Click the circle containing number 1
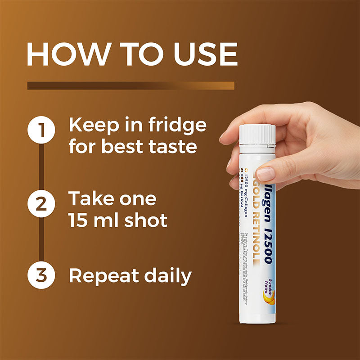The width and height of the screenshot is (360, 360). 41,130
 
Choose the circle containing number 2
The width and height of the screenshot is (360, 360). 41,203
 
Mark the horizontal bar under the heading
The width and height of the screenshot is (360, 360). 130,85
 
